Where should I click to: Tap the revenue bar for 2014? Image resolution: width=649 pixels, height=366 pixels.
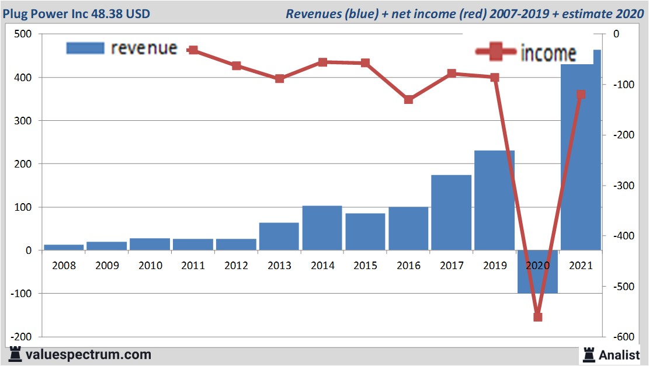[x=322, y=228]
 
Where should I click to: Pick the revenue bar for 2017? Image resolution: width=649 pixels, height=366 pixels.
[x=451, y=212]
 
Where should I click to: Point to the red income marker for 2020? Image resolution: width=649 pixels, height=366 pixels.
[x=537, y=317]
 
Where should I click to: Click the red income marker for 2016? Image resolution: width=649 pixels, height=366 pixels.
[x=408, y=99]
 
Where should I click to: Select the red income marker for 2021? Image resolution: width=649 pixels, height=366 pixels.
[x=581, y=95]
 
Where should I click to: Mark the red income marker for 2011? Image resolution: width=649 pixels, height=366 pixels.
[x=193, y=50]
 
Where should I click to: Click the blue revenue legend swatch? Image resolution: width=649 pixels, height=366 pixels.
[x=85, y=48]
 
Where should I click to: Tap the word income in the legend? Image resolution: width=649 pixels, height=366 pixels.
[x=548, y=53]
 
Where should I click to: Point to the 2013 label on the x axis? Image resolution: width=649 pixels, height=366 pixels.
[x=279, y=266]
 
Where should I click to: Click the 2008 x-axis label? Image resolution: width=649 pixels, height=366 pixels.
[x=64, y=266]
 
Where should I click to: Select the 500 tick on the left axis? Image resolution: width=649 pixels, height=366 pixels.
[x=23, y=34]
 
